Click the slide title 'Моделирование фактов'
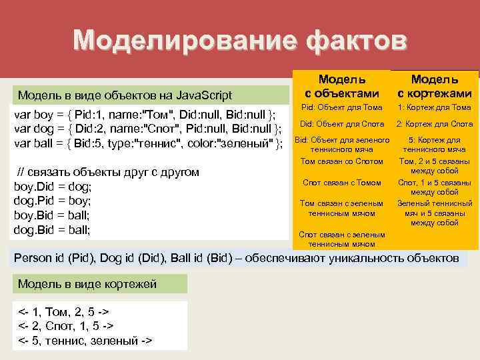pyautogui.click(x=239, y=40)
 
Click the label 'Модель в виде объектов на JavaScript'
pyautogui.click(x=125, y=94)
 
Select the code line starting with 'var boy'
pyautogui.click(x=145, y=114)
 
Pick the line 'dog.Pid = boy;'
pyautogui.click(x=53, y=201)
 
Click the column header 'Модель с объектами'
pyautogui.click(x=341, y=87)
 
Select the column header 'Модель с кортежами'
pyautogui.click(x=435, y=87)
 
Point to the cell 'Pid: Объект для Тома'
pyautogui.click(x=341, y=107)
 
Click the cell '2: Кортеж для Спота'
pyautogui.click(x=435, y=124)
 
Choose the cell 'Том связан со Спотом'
pyautogui.click(x=341, y=161)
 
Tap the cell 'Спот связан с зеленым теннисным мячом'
pyautogui.click(x=341, y=239)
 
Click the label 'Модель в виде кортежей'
pyautogui.click(x=87, y=284)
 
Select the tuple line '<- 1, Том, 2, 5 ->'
pyautogui.click(x=63, y=311)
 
